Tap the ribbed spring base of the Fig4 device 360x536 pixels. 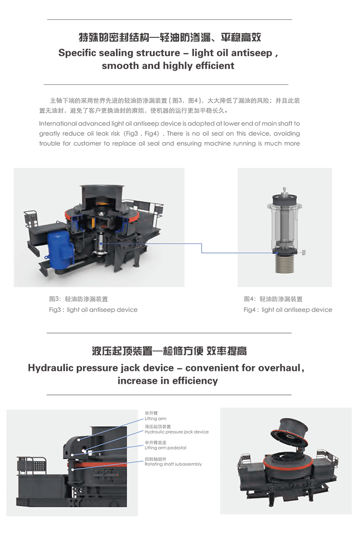point(285,264)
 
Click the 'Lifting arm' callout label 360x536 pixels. point(156,419)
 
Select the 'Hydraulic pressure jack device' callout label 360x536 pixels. point(177,432)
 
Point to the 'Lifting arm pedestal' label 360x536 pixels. point(166,448)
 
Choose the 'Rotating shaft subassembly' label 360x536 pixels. point(173,464)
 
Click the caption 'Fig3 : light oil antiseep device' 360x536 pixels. point(93,310)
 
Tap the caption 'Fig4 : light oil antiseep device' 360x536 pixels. point(288,310)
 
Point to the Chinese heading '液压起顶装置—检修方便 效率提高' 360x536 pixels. point(169,351)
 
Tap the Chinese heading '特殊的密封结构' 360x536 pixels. point(114,37)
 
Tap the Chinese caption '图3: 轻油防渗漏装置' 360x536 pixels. point(78,299)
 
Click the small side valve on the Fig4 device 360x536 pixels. point(302,252)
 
